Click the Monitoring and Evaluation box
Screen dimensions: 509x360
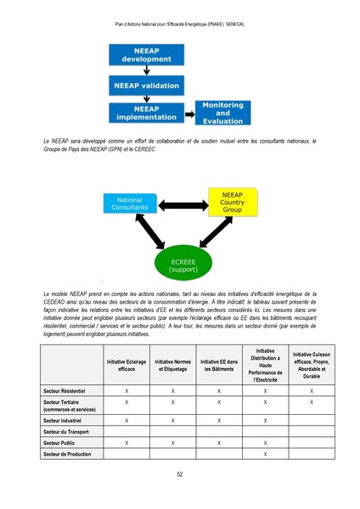tap(222, 113)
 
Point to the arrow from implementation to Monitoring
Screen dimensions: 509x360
tap(187, 115)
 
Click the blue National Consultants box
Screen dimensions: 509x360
tap(129, 204)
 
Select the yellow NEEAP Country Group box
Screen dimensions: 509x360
tap(232, 204)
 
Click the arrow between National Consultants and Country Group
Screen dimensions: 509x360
tap(181, 204)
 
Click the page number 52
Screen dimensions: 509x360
tap(180, 475)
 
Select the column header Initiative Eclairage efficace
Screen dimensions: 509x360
tap(127, 366)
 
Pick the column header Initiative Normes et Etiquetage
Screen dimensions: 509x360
tap(172, 366)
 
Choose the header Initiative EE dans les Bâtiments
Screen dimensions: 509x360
tap(219, 366)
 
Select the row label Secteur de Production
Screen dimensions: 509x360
tap(67, 455)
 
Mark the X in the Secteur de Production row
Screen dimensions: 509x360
tap(266, 455)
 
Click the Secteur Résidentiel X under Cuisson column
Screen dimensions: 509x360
tap(312, 390)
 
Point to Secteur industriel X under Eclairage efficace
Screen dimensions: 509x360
tap(127, 420)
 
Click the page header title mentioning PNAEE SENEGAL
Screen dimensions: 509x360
tap(180, 24)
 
